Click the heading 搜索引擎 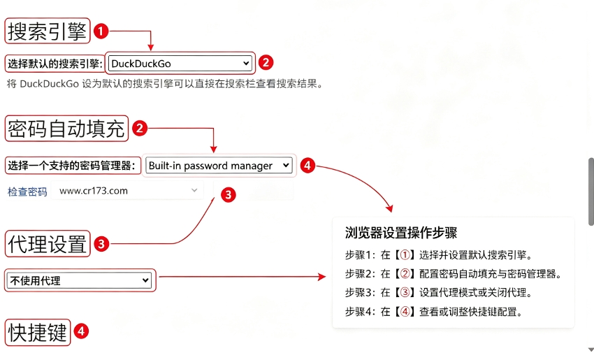click(48, 31)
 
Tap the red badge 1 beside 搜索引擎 click(101, 31)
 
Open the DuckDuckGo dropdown click(180, 64)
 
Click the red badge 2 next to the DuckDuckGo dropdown click(266, 62)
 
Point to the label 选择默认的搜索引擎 click(55, 64)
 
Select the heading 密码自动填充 click(66, 129)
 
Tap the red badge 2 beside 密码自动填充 click(139, 129)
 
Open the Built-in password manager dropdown click(219, 166)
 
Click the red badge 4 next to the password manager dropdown click(307, 165)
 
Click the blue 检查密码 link click(27, 192)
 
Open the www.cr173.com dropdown click(127, 191)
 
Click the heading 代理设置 click(48, 244)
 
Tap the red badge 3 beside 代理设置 click(101, 244)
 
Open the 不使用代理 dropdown click(79, 280)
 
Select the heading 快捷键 click(38, 332)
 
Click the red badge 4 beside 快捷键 click(81, 331)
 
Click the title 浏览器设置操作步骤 click(401, 232)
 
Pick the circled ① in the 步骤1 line click(405, 254)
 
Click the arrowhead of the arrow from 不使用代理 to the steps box click(322, 277)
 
